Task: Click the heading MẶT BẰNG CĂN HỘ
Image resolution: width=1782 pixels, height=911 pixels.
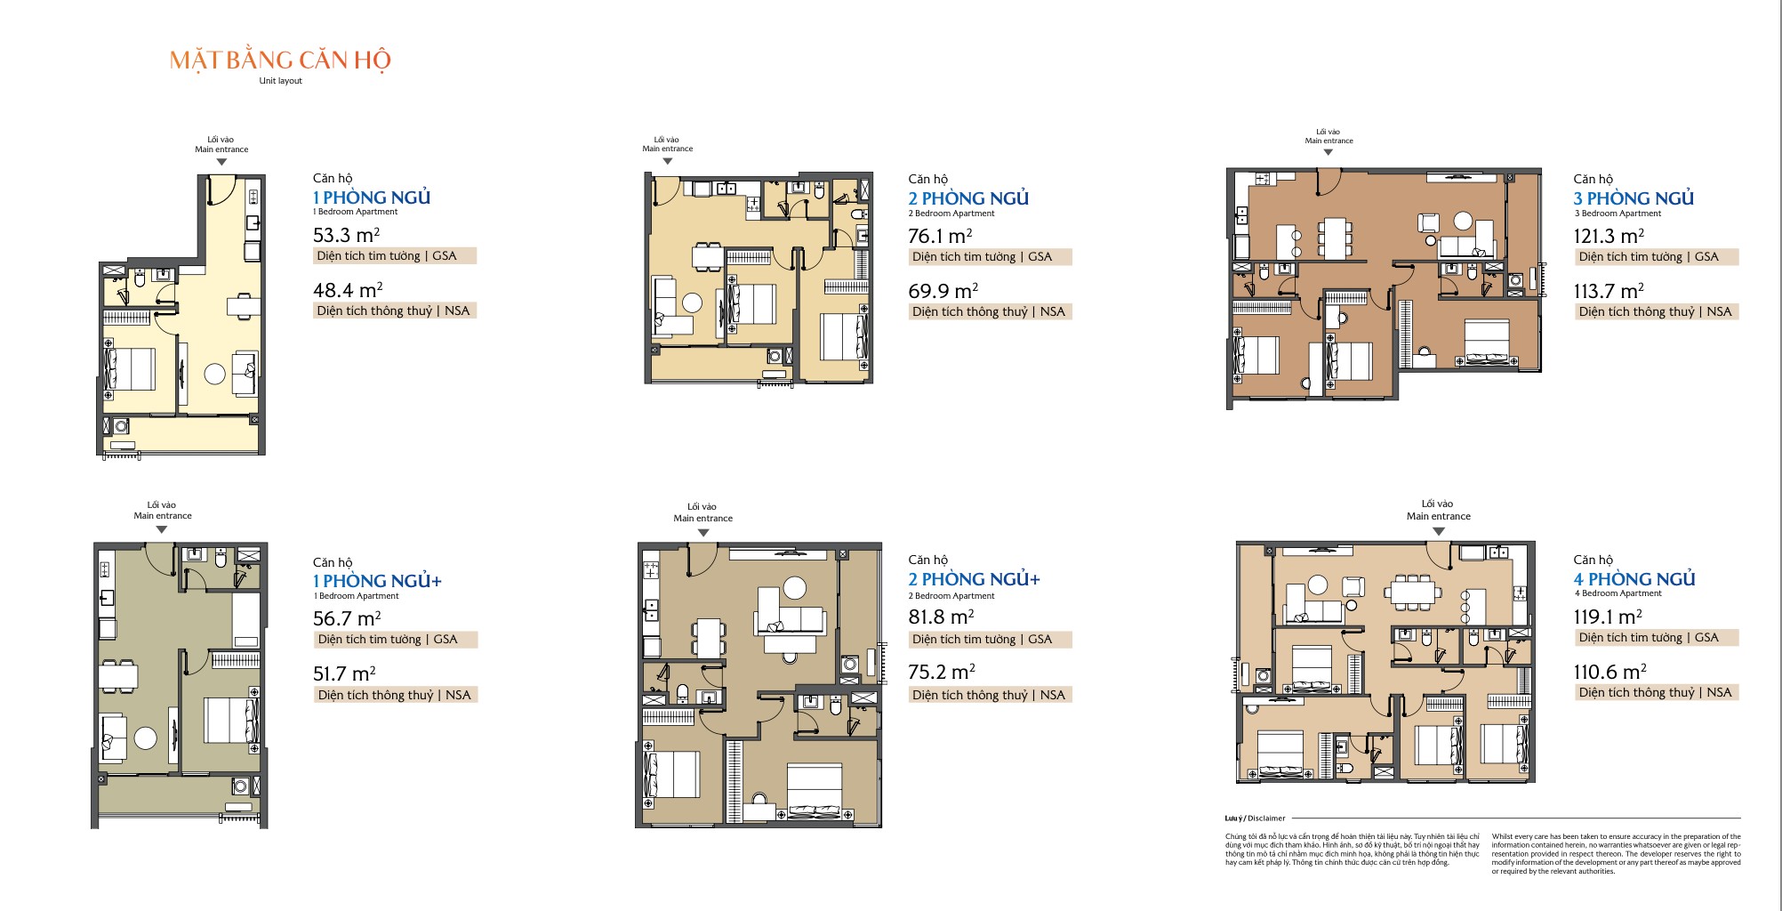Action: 280,60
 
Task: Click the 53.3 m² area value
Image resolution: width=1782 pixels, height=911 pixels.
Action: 346,235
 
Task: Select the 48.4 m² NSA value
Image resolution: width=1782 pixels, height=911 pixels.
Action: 347,290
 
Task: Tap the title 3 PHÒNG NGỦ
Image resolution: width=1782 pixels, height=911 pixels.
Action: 1633,198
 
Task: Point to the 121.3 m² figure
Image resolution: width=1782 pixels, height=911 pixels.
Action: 1608,236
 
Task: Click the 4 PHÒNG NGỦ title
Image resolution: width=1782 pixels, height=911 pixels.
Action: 1633,579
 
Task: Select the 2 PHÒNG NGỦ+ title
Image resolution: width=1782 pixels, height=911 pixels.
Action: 973,579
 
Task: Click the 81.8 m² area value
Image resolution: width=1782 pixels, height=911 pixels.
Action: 940,617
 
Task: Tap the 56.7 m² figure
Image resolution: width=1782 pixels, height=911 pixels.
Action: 346,618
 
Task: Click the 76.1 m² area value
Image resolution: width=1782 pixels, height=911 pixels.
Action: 939,236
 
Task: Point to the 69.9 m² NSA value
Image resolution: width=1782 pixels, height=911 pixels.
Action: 942,291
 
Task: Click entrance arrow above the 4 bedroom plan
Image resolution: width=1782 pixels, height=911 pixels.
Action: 1438,531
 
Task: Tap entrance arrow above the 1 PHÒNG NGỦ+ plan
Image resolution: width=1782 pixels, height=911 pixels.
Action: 161,529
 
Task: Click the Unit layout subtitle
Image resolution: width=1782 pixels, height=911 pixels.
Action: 280,81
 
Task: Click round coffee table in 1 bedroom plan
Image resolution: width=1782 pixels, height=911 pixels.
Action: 214,374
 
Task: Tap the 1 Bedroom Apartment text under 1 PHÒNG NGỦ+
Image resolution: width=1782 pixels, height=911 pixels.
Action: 356,596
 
